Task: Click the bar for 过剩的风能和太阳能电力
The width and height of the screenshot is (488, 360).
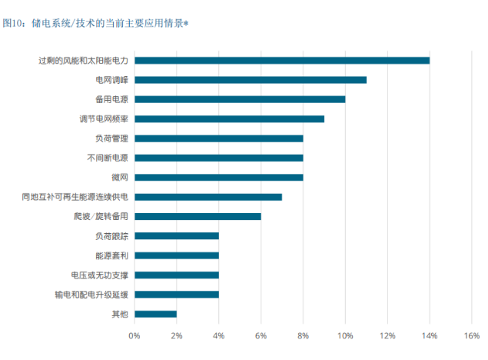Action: [282, 60]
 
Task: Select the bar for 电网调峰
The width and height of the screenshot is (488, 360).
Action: [251, 79]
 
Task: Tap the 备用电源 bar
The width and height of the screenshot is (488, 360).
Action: [240, 99]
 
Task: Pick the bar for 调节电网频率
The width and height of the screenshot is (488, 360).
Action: [229, 118]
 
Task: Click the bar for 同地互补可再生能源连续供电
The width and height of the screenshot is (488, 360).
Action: [208, 197]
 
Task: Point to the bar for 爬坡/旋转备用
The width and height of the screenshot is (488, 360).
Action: [198, 216]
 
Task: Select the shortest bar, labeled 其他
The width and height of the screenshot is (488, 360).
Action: [155, 314]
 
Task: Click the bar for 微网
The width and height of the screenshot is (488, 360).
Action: [219, 177]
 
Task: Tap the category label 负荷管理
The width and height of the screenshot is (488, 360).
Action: [111, 138]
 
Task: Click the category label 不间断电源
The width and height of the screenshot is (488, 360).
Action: [107, 158]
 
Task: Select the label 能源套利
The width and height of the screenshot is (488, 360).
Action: [111, 255]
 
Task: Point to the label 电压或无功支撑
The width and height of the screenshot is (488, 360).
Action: [99, 275]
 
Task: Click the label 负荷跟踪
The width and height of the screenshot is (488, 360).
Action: [111, 236]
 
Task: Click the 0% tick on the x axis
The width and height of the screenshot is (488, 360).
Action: [134, 335]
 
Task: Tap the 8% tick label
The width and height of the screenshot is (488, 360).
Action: [303, 335]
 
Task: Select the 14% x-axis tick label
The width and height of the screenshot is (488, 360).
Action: [429, 335]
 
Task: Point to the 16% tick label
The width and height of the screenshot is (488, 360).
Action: [471, 335]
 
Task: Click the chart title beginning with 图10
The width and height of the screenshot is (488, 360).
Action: [95, 24]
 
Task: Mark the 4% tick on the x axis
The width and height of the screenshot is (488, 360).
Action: [218, 335]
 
